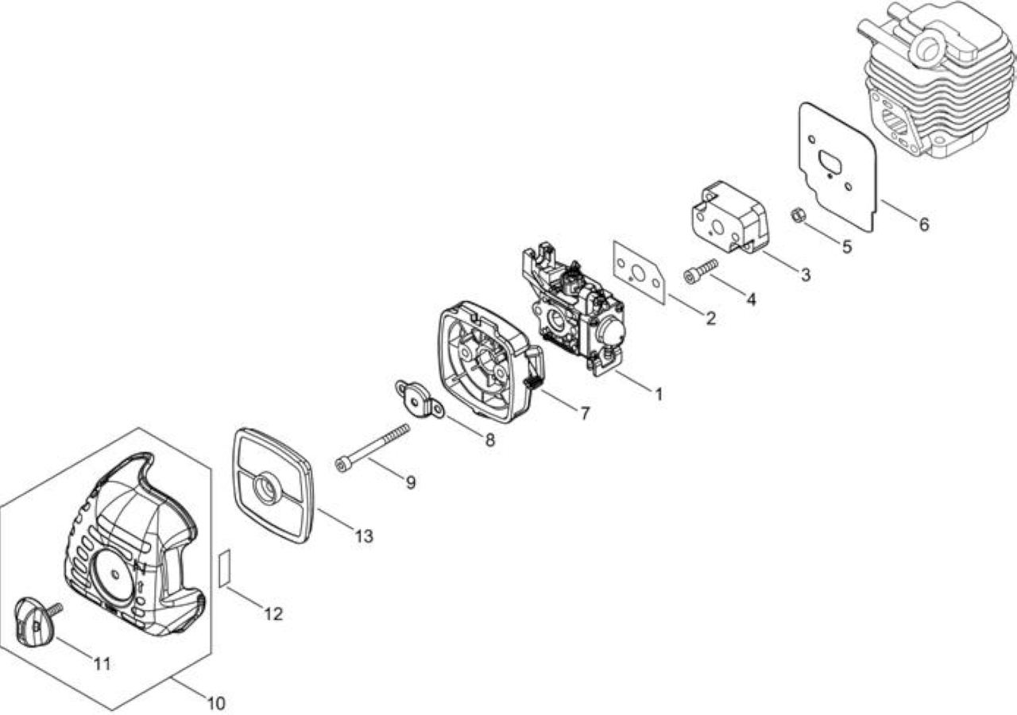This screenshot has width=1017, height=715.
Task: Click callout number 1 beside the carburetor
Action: pyautogui.click(x=659, y=394)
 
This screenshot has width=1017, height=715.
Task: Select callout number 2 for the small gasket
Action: pyautogui.click(x=711, y=319)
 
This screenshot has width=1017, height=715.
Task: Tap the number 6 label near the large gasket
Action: pyautogui.click(x=924, y=224)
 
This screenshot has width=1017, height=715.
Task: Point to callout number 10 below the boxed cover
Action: pyautogui.click(x=216, y=703)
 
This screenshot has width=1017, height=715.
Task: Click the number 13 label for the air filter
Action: pyautogui.click(x=364, y=536)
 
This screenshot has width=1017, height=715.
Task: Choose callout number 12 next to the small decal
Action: pyautogui.click(x=273, y=614)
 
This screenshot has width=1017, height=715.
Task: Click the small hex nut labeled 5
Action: pyautogui.click(x=799, y=215)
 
